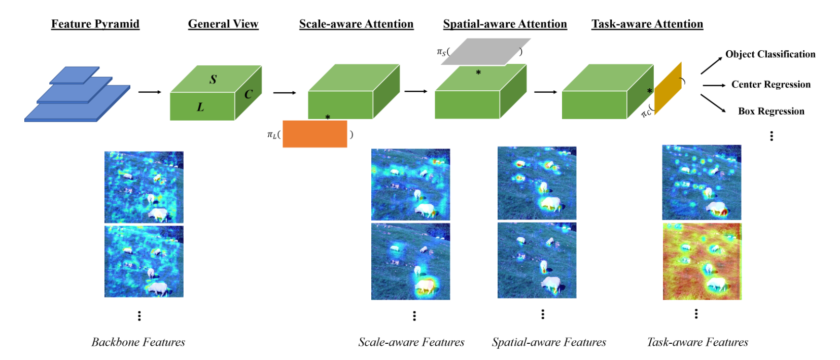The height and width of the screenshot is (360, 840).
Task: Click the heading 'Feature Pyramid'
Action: (95, 24)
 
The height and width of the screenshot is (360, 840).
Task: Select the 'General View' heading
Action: (223, 24)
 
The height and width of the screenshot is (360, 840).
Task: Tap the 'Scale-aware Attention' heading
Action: (356, 24)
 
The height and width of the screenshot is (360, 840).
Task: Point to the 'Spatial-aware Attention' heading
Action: (505, 24)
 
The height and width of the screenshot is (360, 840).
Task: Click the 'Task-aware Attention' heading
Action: (647, 24)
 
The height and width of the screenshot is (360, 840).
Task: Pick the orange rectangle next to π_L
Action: (314, 134)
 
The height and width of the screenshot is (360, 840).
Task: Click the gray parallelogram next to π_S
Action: (485, 52)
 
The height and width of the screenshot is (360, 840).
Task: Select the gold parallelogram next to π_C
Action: (668, 88)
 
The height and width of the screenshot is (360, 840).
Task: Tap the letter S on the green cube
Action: (213, 79)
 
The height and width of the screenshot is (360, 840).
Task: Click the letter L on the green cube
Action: (200, 107)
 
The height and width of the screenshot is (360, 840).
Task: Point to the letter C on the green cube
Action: (248, 94)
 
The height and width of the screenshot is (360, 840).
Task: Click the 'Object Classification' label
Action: (770, 54)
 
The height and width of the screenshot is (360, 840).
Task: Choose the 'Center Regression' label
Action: (771, 84)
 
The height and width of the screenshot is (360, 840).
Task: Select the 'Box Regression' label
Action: (771, 111)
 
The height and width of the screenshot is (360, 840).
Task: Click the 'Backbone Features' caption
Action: (138, 342)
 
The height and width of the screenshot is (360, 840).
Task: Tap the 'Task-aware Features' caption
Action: (697, 342)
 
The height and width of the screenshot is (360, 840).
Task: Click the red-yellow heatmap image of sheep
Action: (702, 261)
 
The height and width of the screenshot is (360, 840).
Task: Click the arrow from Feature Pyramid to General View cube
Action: (150, 92)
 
